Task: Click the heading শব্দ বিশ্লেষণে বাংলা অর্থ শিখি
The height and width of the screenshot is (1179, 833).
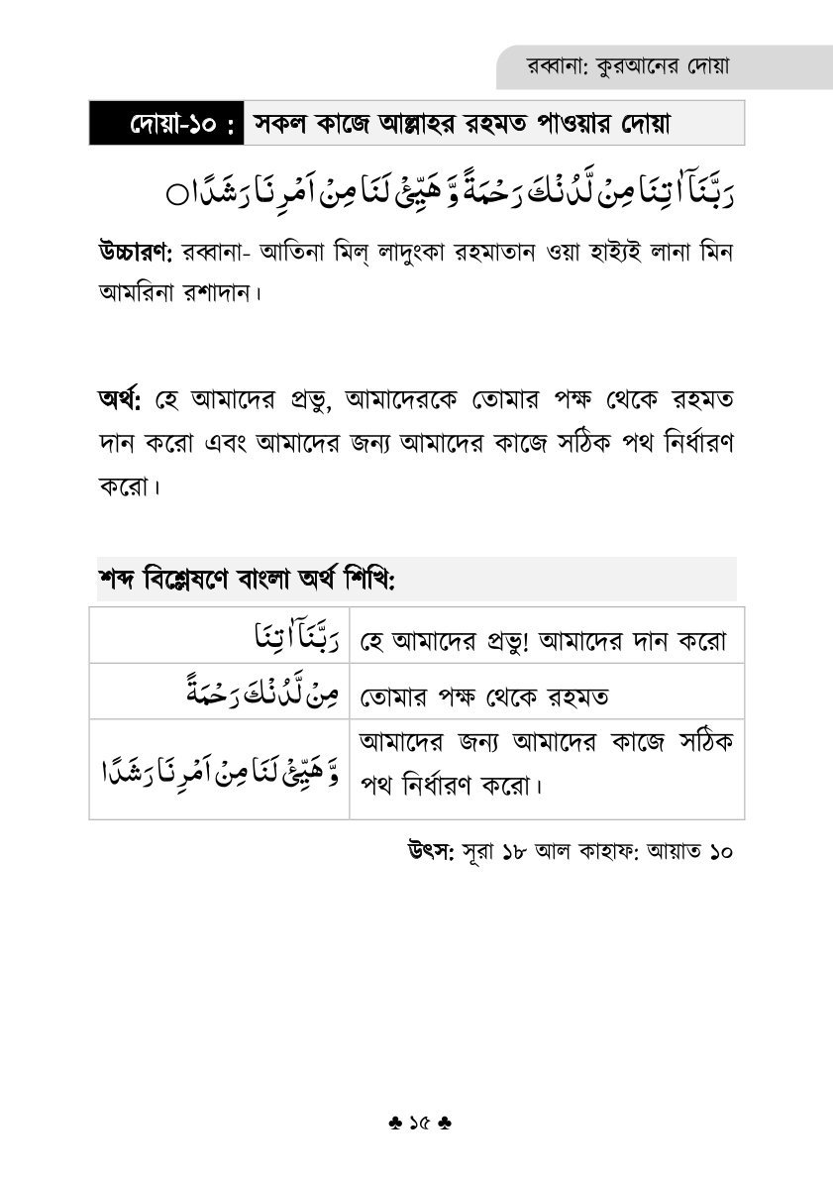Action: [x=247, y=579]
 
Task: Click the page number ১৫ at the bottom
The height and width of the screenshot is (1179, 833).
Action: [x=417, y=1125]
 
